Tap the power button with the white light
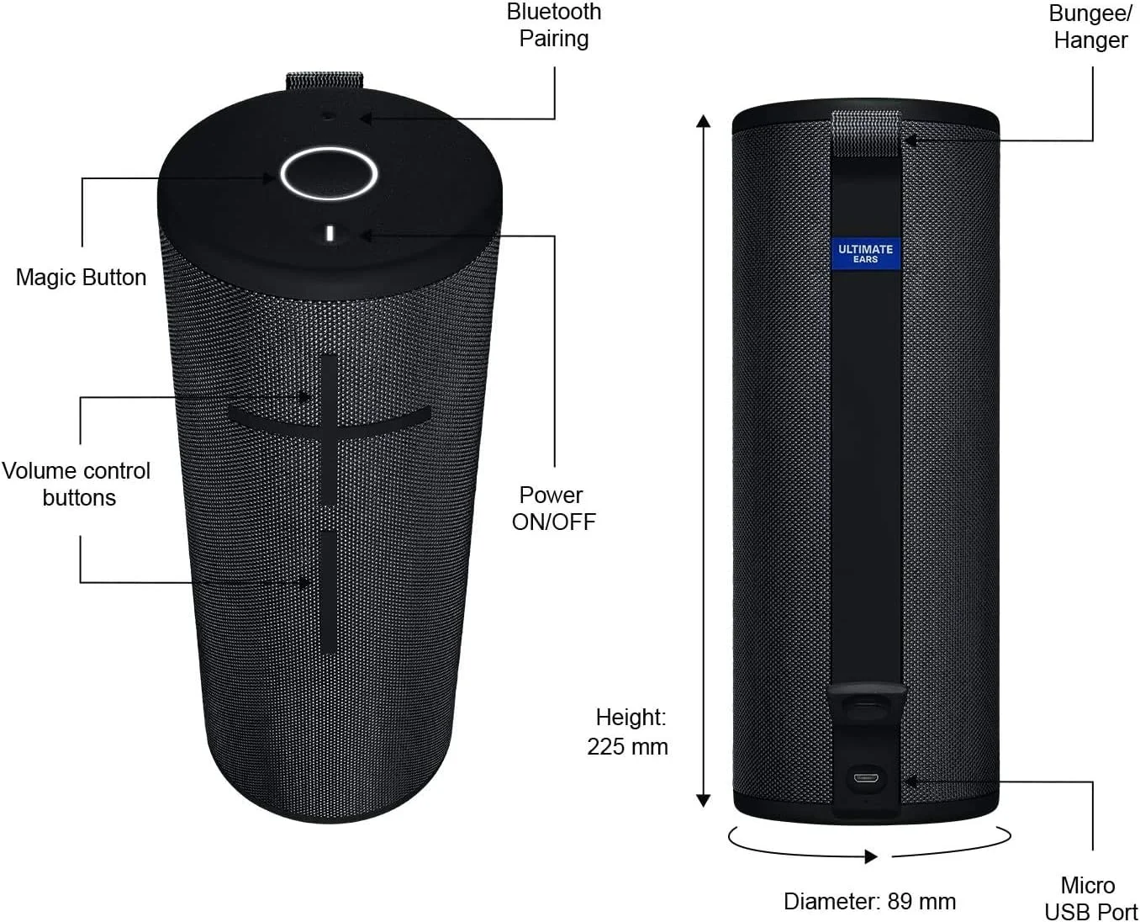(330, 234)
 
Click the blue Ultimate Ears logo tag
(865, 253)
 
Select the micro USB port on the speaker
(865, 777)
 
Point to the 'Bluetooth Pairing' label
(554, 25)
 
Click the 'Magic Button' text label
(81, 278)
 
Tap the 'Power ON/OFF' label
(553, 508)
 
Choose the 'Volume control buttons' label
(77, 484)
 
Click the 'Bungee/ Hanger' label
(1090, 27)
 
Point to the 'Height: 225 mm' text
(628, 731)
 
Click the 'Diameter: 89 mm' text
(870, 901)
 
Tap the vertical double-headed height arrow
(704, 460)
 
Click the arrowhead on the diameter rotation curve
(871, 856)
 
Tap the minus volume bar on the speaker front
(330, 592)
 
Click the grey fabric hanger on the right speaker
(866, 133)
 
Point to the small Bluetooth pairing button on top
(328, 115)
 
